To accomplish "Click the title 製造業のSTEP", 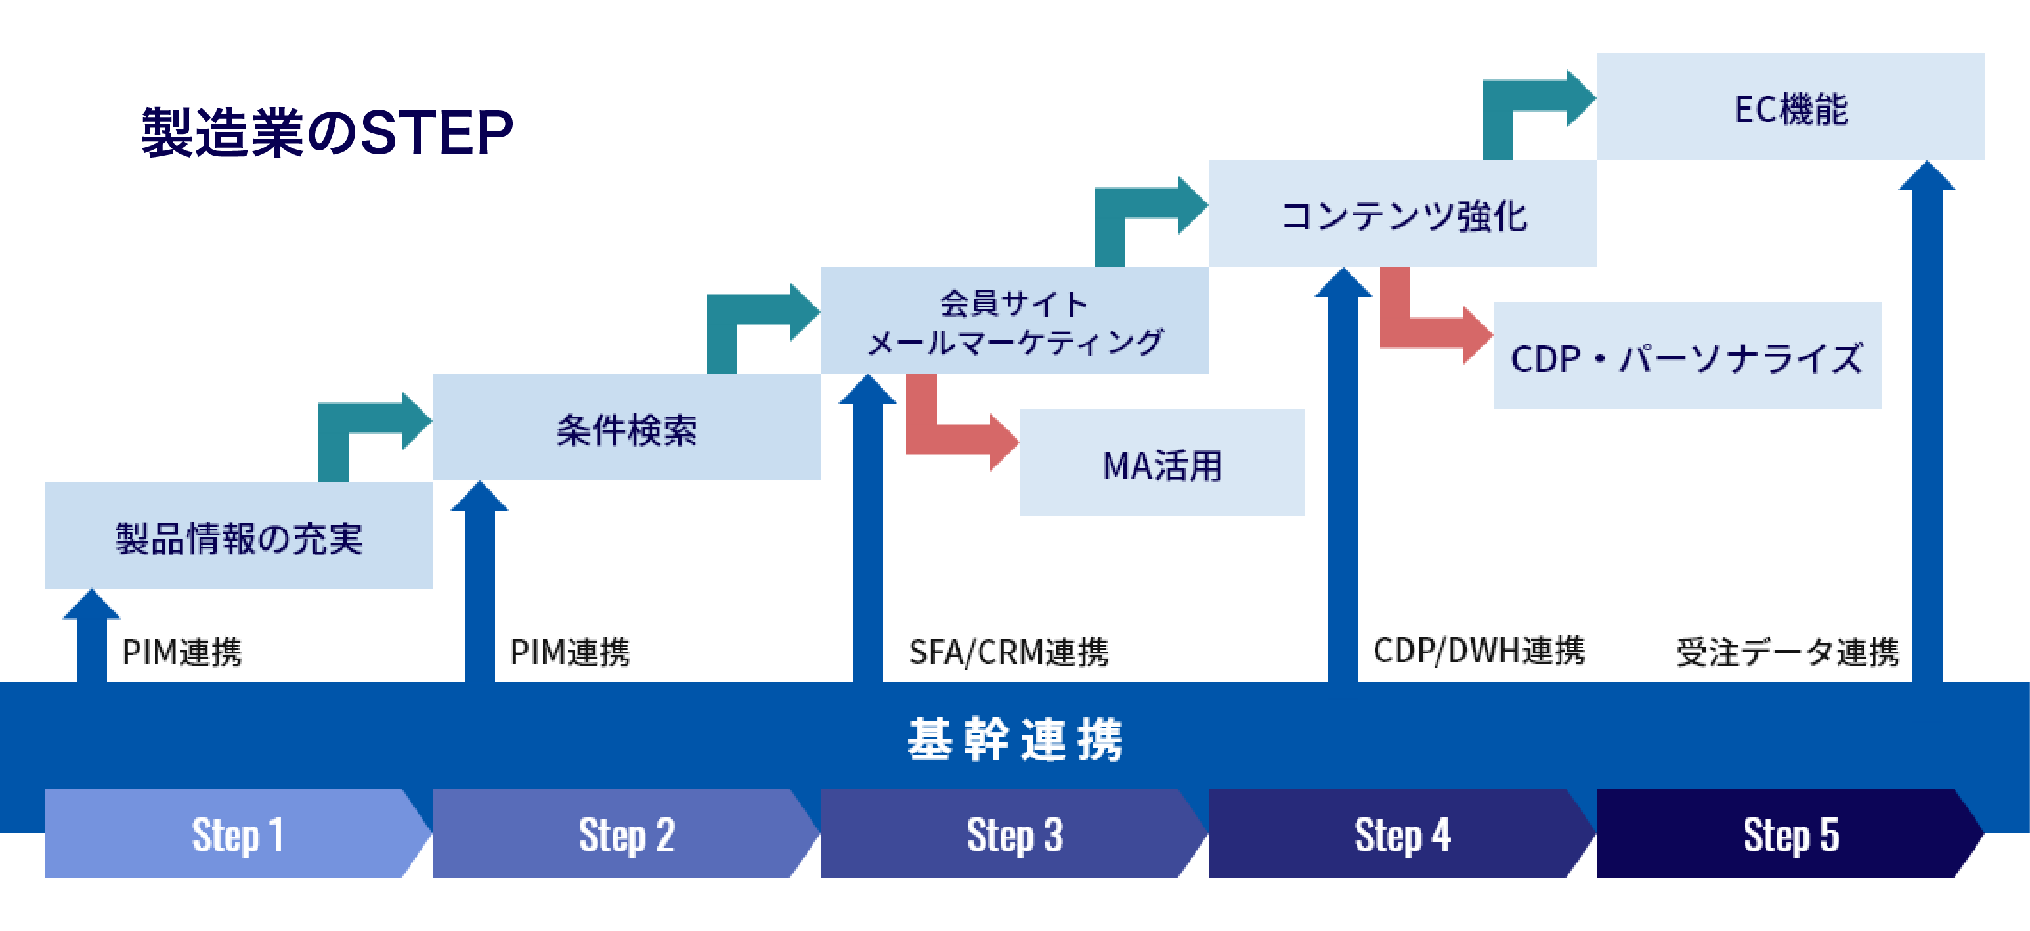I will [x=327, y=133].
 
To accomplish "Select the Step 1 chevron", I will [x=236, y=833].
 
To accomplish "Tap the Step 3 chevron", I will [x=1014, y=833].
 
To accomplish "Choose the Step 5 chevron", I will [x=1790, y=833].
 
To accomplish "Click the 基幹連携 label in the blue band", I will [x=1014, y=738].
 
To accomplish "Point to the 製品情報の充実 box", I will [x=238, y=537].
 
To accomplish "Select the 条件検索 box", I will [x=626, y=429].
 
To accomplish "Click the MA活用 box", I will [x=1161, y=465].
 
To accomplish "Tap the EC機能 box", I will [x=1790, y=108].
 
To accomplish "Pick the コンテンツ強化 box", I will [x=1403, y=214].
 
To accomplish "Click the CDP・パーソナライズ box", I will [x=1687, y=357].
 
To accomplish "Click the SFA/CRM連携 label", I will [x=1008, y=651].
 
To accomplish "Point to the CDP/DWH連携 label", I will [x=1479, y=650].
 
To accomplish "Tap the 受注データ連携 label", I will [x=1787, y=651].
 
